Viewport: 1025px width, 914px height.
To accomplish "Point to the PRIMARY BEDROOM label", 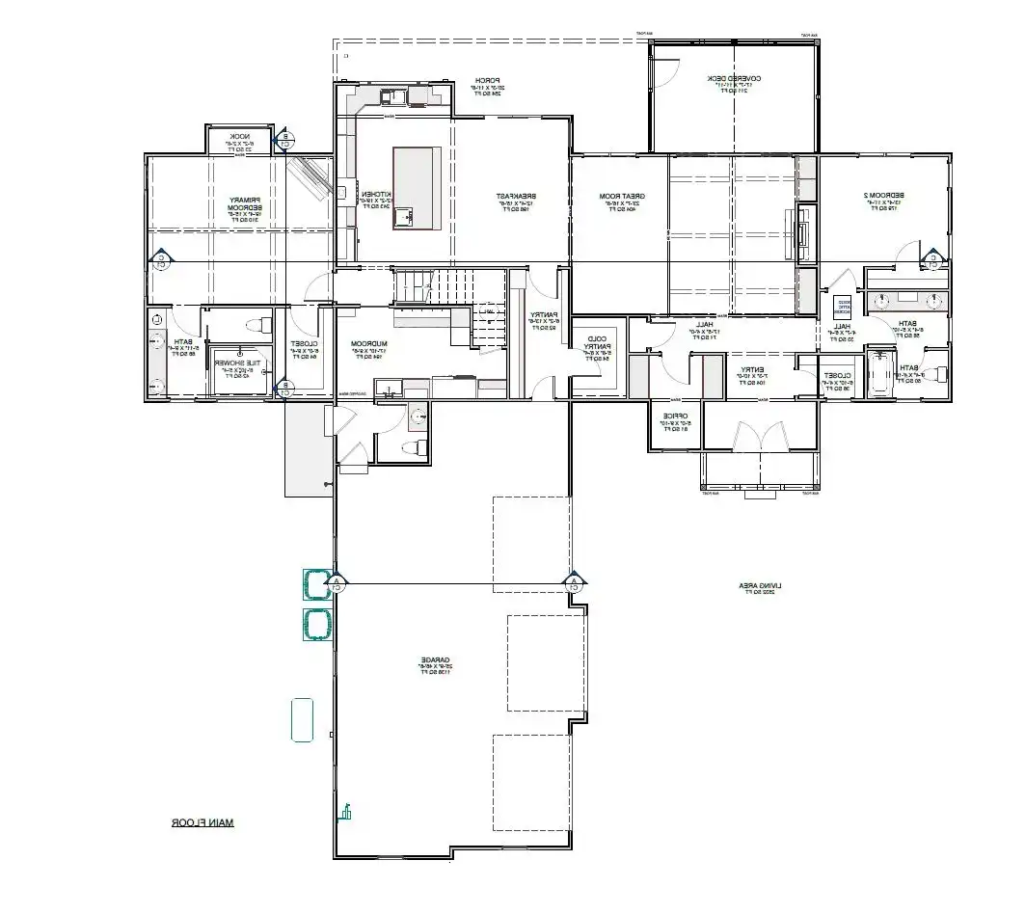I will pyautogui.click(x=238, y=208).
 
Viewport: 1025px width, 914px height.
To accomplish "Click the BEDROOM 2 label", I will pyautogui.click(x=881, y=200).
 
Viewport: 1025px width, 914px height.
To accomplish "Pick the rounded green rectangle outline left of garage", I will pyautogui.click(x=303, y=719).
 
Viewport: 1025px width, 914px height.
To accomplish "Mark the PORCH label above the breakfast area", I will pyautogui.click(x=490, y=84).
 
